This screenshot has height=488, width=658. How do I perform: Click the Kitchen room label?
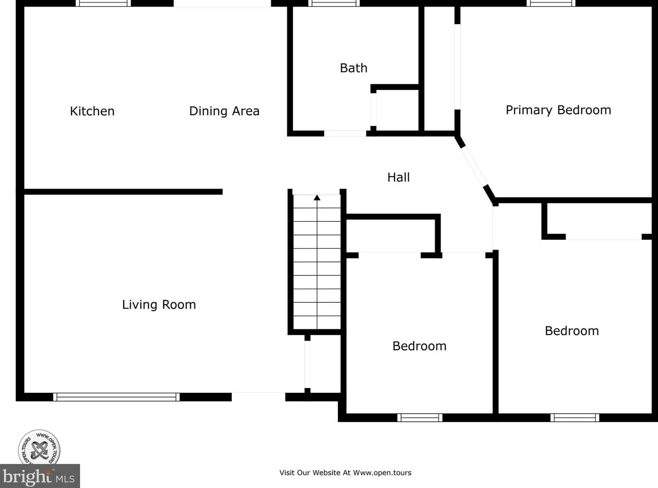[92, 111]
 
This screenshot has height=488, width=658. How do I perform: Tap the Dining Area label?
[224, 111]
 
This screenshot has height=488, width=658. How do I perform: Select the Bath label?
[354, 68]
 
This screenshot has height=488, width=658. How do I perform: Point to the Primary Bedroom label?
[558, 110]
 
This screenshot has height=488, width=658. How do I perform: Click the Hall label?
[398, 177]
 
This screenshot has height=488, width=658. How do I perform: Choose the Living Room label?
[159, 305]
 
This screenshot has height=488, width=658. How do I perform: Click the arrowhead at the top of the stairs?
[317, 198]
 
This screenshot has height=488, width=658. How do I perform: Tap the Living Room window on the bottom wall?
[116, 397]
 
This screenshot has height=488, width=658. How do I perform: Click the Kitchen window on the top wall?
[103, 3]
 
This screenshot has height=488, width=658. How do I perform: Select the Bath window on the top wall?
[334, 3]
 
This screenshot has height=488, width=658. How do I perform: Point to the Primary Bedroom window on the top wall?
[550, 3]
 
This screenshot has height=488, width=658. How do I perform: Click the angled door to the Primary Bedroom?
[475, 167]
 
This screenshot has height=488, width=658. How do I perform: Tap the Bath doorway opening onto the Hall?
[345, 134]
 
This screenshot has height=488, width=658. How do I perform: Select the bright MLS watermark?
[40, 476]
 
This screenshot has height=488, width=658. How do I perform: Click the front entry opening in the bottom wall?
[258, 397]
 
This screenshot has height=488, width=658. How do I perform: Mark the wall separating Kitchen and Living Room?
[123, 192]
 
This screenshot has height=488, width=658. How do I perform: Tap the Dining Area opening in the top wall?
[222, 3]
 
